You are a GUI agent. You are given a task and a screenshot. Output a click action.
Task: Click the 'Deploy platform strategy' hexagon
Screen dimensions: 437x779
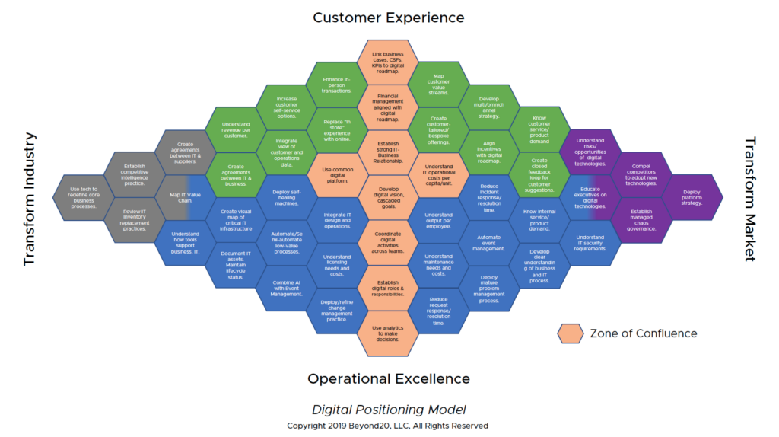click(x=692, y=197)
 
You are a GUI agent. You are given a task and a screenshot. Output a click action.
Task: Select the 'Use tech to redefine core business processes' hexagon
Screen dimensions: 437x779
click(x=84, y=197)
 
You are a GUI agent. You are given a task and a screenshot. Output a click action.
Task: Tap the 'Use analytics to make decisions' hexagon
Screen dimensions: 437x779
click(x=387, y=333)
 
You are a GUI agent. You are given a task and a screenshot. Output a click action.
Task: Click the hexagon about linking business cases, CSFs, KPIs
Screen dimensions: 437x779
click(x=387, y=61)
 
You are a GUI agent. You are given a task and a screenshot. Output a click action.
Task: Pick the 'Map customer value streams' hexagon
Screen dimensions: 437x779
click(x=439, y=85)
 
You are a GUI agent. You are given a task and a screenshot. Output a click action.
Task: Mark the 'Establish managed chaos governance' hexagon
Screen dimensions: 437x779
click(x=641, y=220)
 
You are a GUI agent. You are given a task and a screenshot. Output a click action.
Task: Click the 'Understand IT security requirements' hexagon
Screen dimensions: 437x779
click(x=591, y=243)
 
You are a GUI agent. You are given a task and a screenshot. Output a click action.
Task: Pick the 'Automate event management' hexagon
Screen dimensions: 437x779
click(x=489, y=243)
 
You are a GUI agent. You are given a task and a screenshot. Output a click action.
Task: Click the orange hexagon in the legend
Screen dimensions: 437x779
click(x=570, y=333)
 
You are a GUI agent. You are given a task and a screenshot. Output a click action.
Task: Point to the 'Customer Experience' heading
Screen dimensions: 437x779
click(x=388, y=18)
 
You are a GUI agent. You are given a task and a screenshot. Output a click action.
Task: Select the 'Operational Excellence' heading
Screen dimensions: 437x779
click(x=388, y=378)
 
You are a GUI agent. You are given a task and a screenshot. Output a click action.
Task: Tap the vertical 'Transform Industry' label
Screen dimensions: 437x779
click(x=30, y=199)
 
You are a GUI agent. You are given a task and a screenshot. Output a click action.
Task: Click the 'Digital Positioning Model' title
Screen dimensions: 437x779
click(x=389, y=409)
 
